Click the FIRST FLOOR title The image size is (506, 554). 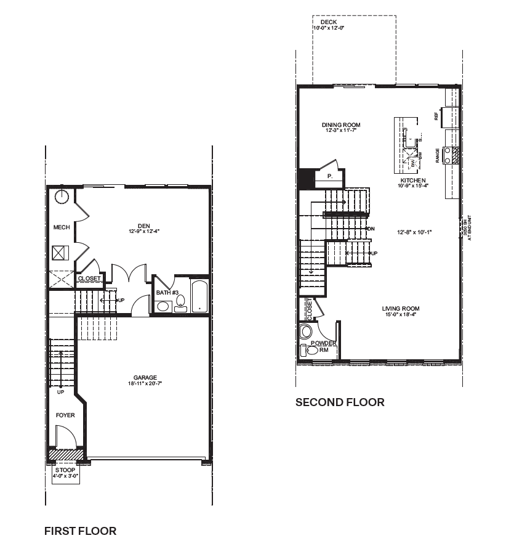(80, 531)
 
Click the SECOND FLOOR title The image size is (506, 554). (340, 402)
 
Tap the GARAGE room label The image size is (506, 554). (145, 378)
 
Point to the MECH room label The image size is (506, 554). (61, 227)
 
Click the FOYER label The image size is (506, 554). (65, 415)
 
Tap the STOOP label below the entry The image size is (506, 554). (65, 470)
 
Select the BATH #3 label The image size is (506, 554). (166, 292)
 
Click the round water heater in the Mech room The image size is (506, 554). (62, 197)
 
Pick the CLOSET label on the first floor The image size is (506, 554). (89, 279)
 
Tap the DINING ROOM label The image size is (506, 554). (341, 125)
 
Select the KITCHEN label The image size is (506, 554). (412, 180)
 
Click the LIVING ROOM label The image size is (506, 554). (400, 309)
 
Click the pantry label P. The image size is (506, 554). (330, 176)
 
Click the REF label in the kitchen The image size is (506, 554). (436, 115)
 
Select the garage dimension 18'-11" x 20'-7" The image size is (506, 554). (145, 384)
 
